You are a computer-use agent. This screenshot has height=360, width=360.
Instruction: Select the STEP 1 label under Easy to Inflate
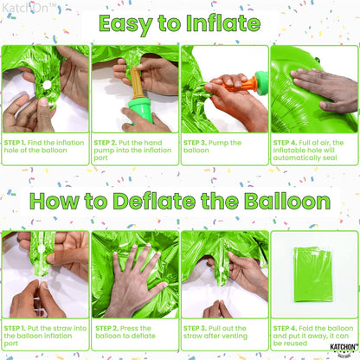click(17, 141)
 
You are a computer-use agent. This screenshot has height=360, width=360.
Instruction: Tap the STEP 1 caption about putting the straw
click(45, 333)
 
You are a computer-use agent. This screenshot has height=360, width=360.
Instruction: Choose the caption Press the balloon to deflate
click(134, 333)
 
